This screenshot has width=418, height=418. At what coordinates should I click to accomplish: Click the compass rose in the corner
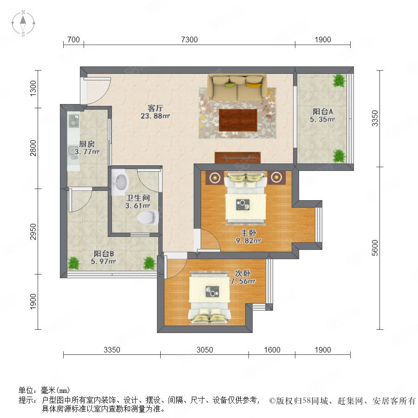(23, 23)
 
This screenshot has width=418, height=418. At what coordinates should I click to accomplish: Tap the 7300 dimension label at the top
(189, 40)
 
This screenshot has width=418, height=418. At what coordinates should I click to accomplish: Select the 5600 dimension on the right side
(375, 248)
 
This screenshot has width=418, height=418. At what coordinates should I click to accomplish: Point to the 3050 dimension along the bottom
(205, 350)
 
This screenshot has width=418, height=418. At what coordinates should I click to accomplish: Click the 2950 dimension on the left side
(33, 231)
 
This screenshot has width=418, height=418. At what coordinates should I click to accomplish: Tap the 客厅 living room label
(156, 108)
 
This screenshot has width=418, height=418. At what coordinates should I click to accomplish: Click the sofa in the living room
(237, 87)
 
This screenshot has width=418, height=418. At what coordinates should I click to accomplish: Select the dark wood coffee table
(238, 120)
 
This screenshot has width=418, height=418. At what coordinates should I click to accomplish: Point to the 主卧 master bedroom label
(248, 233)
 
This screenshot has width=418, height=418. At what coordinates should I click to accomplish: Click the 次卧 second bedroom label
(242, 273)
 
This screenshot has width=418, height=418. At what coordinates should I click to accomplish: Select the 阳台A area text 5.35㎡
(322, 119)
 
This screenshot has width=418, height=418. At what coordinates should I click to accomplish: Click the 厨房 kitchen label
(87, 144)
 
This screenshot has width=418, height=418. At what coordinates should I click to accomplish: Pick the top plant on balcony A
(339, 80)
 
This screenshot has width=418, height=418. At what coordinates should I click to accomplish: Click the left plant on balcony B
(73, 263)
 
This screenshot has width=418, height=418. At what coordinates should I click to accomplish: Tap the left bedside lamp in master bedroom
(214, 177)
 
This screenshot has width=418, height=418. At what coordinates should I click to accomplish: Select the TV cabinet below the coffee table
(237, 157)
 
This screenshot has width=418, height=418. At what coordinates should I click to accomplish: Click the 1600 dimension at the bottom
(272, 350)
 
